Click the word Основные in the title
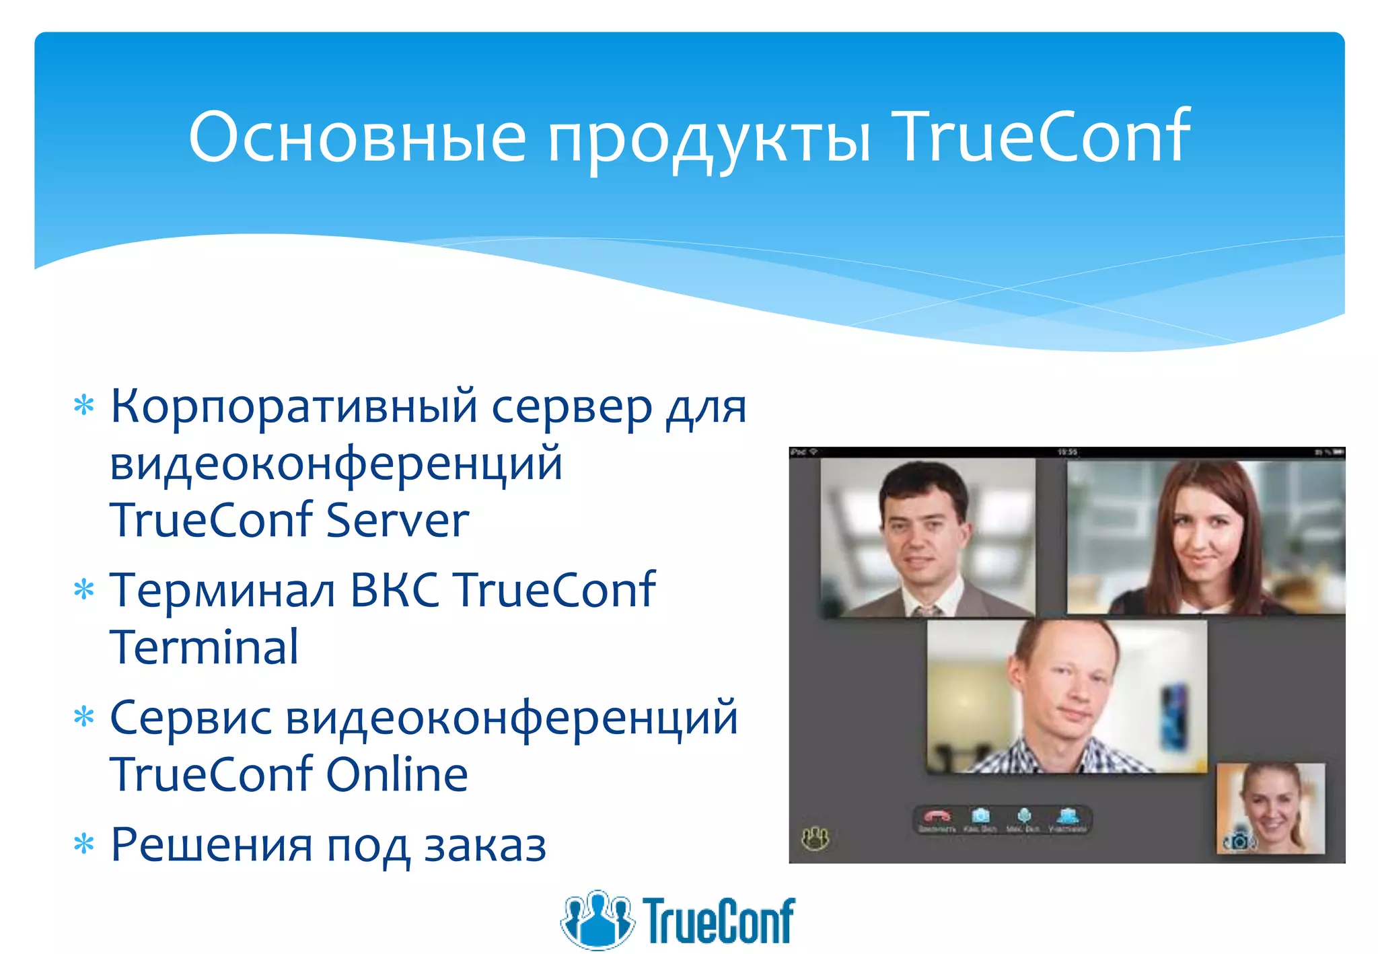pos(357,137)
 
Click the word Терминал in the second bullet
pos(222,590)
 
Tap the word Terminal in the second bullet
pos(204,647)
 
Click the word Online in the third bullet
pos(397,774)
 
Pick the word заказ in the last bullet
pos(485,845)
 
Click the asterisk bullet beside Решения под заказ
pos(84,844)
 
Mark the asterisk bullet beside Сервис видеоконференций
pos(84,717)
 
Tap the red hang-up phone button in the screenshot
pos(937,817)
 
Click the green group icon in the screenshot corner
pos(815,838)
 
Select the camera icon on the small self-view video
pos(1238,841)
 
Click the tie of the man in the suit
pos(927,610)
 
